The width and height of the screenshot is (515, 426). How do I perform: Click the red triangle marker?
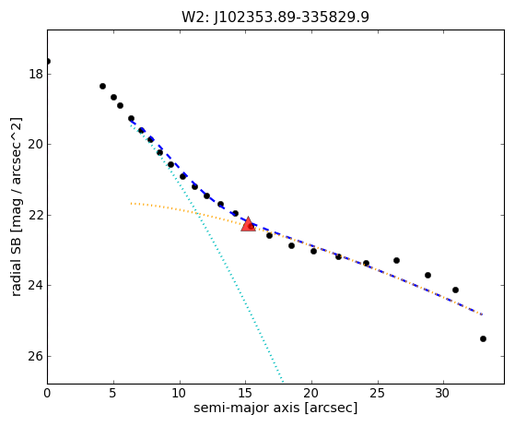pos(248,224)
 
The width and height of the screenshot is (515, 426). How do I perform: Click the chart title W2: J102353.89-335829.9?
pos(275,17)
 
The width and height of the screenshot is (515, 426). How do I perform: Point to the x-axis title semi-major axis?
pos(246,408)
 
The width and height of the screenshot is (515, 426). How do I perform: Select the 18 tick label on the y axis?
pos(36,74)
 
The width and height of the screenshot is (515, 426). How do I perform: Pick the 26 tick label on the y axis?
pos(36,356)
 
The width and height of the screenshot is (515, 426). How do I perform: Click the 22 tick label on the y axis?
pos(36,215)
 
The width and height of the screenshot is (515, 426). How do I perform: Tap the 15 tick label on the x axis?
pos(246,393)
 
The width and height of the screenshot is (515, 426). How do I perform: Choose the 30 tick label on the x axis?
pos(443,393)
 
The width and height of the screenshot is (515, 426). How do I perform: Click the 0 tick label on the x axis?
pos(47,393)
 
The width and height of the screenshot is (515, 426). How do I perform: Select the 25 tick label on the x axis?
pos(378,393)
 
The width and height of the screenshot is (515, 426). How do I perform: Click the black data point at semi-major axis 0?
pos(48,62)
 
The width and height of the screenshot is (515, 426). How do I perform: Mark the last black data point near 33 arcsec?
pos(483,339)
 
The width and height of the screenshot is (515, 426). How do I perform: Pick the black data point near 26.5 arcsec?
pos(396,260)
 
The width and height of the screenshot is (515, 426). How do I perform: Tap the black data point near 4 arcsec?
pos(102,86)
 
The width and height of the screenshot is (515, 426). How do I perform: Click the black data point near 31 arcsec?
pos(455,290)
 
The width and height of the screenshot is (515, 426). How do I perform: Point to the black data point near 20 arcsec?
pos(313,251)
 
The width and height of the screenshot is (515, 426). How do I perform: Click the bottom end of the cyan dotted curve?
pos(283,382)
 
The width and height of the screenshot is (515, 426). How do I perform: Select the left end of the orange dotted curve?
pos(131,204)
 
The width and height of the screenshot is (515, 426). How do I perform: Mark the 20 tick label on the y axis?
pos(36,144)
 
